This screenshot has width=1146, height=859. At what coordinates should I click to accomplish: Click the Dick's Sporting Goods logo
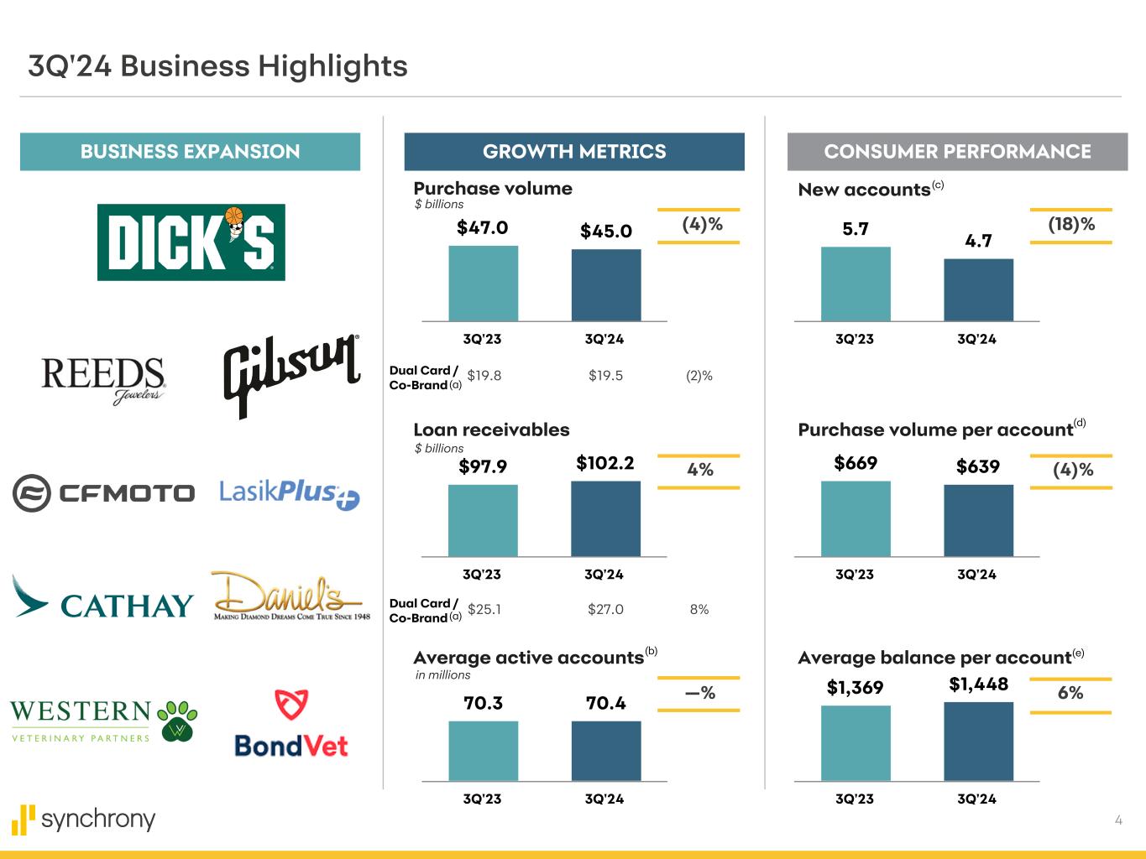pyautogui.click(x=191, y=242)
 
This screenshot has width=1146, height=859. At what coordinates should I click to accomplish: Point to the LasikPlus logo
pyautogui.click(x=290, y=493)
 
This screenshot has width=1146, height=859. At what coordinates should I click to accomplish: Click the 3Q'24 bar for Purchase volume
pyautogui.click(x=606, y=284)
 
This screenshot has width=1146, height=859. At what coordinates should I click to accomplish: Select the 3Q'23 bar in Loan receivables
pyautogui.click(x=483, y=520)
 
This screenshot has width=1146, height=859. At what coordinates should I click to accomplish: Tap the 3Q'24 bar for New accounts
pyautogui.click(x=978, y=289)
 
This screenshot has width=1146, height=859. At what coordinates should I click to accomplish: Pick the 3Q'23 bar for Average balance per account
pyautogui.click(x=856, y=743)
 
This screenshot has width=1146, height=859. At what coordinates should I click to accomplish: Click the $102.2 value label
pyautogui.click(x=605, y=463)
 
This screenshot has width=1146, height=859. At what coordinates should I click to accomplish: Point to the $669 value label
pyautogui.click(x=856, y=463)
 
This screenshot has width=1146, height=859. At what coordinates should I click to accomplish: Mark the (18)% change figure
pyautogui.click(x=1071, y=225)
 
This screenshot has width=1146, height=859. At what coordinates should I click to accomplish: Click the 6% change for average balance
pyautogui.click(x=1070, y=693)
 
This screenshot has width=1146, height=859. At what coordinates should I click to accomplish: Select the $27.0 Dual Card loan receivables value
pyautogui.click(x=605, y=610)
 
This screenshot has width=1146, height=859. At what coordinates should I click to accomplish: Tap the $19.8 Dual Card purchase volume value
pyautogui.click(x=484, y=376)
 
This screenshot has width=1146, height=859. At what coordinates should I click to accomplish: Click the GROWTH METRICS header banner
pyautogui.click(x=574, y=152)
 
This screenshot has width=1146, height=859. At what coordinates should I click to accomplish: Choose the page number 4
pyautogui.click(x=1118, y=820)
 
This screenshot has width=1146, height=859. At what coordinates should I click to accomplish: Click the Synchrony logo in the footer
pyautogui.click(x=84, y=819)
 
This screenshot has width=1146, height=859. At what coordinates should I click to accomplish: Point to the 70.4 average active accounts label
pyautogui.click(x=605, y=703)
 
